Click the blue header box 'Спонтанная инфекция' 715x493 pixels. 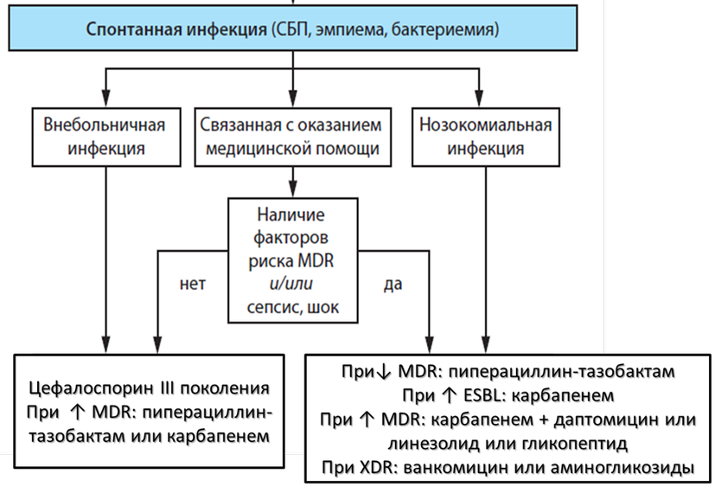[x=294, y=29]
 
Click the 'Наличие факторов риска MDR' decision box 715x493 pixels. [x=294, y=258]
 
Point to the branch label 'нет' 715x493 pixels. [x=192, y=284]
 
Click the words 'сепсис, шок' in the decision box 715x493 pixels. [x=294, y=306]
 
